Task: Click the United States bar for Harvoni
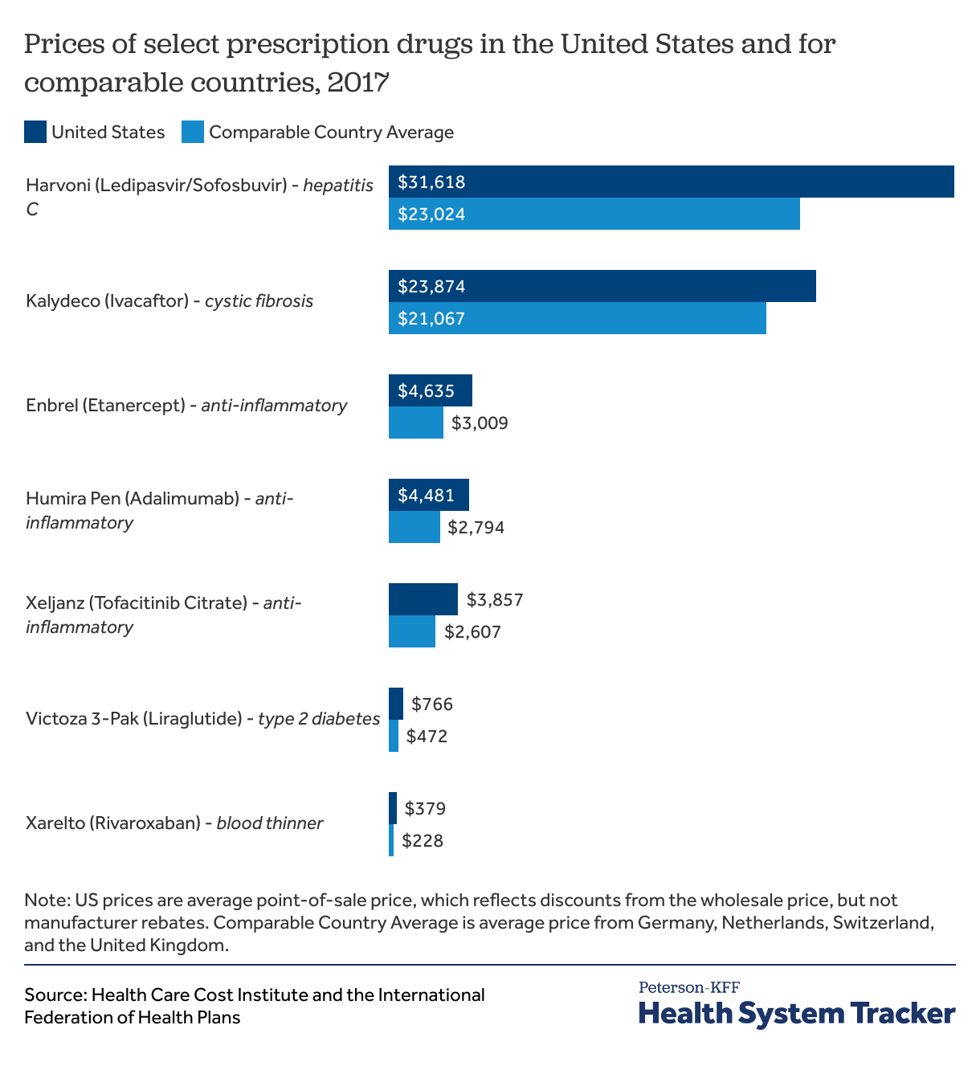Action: [x=671, y=182]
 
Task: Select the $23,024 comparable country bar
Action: [x=594, y=214]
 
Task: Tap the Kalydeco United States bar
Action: [x=602, y=286]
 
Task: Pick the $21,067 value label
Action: [x=431, y=319]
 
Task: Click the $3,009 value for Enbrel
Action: [x=480, y=423]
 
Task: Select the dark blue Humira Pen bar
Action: [x=428, y=495]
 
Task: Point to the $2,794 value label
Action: [x=476, y=528]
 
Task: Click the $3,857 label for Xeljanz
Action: [x=495, y=599]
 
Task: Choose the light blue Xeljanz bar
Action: [x=411, y=631]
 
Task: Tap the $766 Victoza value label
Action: [x=432, y=704]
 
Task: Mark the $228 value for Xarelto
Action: [x=423, y=841]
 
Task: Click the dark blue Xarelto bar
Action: [x=393, y=808]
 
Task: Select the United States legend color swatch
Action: [x=35, y=132]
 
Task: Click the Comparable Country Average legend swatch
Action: [x=193, y=132]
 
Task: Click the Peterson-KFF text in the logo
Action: [x=688, y=987]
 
